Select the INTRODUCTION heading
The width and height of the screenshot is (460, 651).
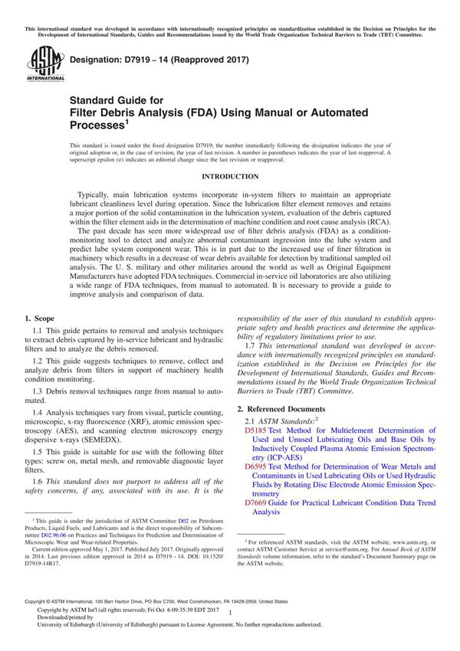229,177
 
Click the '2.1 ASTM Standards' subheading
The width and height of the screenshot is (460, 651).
275,421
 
